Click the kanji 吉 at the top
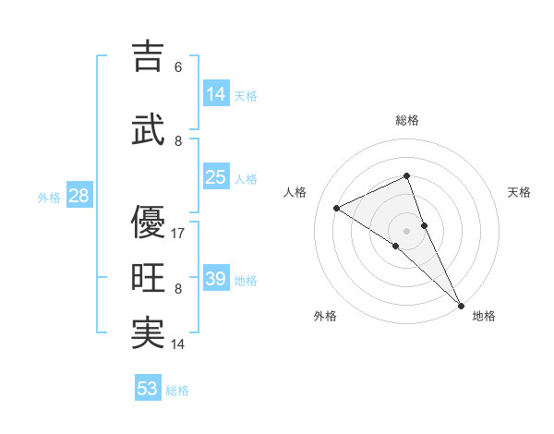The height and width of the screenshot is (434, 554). tap(148, 56)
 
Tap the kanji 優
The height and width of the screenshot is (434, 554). tap(148, 222)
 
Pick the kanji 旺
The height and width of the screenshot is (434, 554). tap(148, 278)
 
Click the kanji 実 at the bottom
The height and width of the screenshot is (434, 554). tap(148, 333)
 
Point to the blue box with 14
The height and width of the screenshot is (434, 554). tap(216, 94)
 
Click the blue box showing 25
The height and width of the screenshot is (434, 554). tap(216, 177)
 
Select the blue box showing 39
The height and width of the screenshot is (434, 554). tap(216, 279)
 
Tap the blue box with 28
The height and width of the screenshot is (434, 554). tap(78, 196)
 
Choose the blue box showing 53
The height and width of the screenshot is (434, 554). tap(148, 389)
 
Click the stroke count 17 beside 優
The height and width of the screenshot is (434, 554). tap(179, 234)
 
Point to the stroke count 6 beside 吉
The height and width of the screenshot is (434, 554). tap(178, 67)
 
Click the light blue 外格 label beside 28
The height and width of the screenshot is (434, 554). tap(49, 197)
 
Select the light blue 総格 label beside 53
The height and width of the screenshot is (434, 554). tap(177, 391)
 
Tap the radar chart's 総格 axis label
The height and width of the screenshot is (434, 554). tap(407, 120)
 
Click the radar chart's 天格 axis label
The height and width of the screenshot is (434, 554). tap(519, 192)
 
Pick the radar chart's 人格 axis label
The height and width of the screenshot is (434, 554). tap(295, 192)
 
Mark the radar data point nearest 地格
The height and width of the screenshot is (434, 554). tap(461, 305)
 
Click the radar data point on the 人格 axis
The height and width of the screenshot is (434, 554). tap(337, 208)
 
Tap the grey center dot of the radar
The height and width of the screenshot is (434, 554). tap(407, 231)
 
